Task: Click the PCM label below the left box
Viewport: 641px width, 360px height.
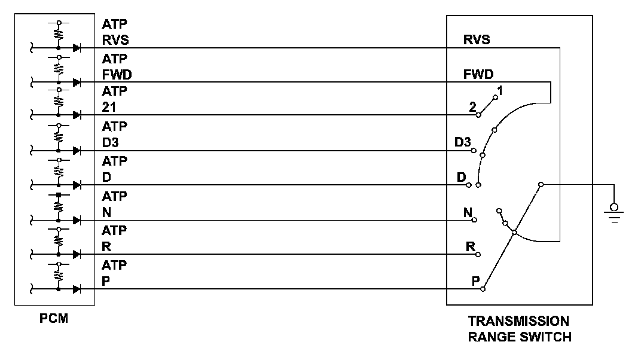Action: pyautogui.click(x=54, y=318)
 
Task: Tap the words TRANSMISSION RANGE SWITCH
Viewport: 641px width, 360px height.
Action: pyautogui.click(x=518, y=328)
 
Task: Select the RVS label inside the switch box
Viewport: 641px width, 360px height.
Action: pyautogui.click(x=477, y=40)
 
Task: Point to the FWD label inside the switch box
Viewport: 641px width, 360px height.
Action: pyautogui.click(x=478, y=75)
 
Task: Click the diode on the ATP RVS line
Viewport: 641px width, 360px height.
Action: pyautogui.click(x=77, y=48)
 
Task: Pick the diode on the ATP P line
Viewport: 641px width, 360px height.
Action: pyautogui.click(x=77, y=289)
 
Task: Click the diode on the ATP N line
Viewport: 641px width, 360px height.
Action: pyautogui.click(x=77, y=221)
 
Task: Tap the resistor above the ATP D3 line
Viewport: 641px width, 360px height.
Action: pyautogui.click(x=59, y=137)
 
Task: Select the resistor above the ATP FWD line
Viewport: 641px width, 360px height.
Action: pyautogui.click(x=59, y=68)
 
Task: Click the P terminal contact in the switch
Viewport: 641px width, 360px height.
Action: pyautogui.click(x=483, y=289)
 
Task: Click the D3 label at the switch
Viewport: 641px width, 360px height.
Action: pyautogui.click(x=463, y=143)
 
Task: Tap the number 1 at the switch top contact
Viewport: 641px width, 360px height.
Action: pyautogui.click(x=500, y=90)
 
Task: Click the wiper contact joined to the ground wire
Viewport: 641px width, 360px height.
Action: pyautogui.click(x=541, y=185)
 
